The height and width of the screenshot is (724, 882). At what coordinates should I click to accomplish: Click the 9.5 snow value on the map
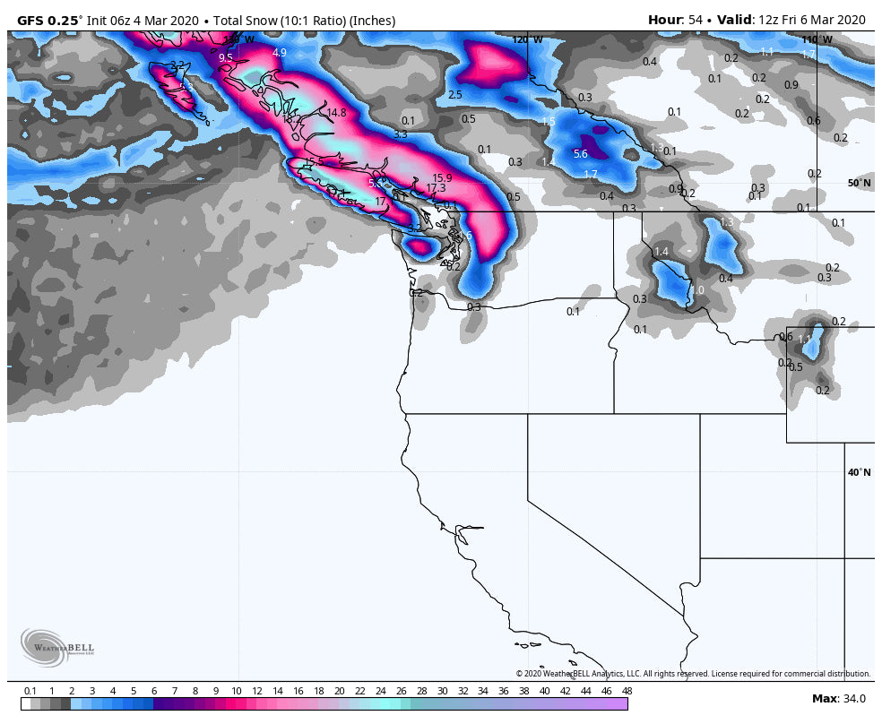pos(225,57)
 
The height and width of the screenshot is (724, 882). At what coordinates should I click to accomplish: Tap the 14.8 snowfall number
pos(336,113)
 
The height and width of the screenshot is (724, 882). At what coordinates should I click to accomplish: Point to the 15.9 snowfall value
pos(442,178)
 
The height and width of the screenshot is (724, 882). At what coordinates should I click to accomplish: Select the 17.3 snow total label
pos(436,188)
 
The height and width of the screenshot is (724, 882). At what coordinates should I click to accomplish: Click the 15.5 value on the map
pos(314,162)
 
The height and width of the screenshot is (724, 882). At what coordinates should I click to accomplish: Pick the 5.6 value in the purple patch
pos(580,154)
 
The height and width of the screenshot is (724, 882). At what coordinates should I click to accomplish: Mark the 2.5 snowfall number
pos(455,95)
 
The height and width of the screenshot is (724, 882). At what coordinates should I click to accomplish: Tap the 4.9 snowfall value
pos(280,53)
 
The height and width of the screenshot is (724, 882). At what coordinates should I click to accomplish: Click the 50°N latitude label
pos(859,183)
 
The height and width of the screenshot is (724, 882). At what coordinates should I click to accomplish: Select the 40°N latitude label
pos(859,472)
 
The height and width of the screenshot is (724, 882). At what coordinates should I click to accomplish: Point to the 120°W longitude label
pos(527,39)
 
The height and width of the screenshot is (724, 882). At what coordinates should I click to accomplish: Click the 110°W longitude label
pos(817,39)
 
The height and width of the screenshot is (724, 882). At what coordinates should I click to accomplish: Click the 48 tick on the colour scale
pos(627,691)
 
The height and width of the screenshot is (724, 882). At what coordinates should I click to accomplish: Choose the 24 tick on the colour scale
pos(380,691)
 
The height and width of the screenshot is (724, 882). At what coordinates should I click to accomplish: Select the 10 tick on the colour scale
pos(236,691)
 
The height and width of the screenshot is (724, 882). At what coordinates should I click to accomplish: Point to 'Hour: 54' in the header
pos(677,20)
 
